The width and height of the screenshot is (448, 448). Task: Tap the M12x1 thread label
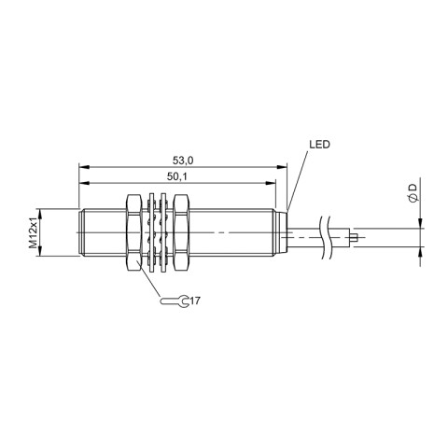pos(34,231)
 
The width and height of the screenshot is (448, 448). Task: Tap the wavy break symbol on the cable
pos(326,237)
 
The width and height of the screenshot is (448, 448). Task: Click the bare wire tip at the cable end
pos(357,238)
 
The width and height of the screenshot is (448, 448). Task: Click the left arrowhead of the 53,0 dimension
pos(81,168)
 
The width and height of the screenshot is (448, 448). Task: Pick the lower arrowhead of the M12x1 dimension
pos(46,251)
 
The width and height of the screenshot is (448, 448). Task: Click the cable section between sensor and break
pos(303,238)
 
